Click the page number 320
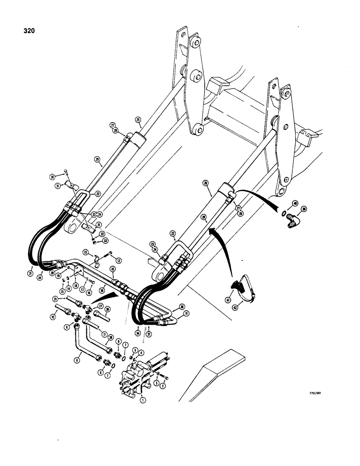pyautogui.click(x=28, y=31)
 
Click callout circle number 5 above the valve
pyautogui.click(x=135, y=349)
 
